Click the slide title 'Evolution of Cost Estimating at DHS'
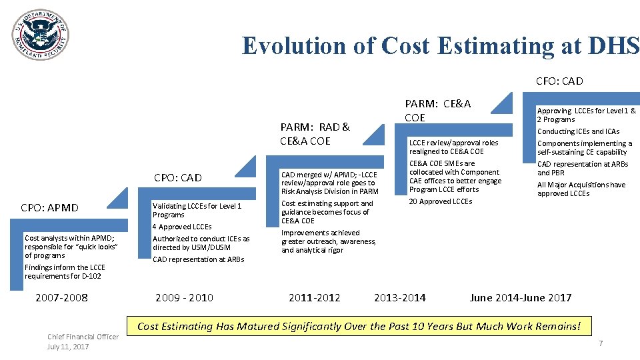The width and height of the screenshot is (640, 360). coord(440,45)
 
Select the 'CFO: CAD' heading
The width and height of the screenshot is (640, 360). coord(559,81)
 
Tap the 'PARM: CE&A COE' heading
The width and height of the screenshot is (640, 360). coord(437,110)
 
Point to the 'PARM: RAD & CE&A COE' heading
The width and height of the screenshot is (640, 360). coord(315,133)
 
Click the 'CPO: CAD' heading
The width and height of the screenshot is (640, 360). coord(177,178)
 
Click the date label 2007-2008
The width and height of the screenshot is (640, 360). coord(61,297)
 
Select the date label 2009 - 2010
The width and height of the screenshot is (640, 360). coord(184,297)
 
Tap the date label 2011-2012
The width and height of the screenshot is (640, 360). coord(314,297)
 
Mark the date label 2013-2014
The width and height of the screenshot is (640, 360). coord(399,297)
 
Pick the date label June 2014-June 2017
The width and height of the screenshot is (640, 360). coord(521,297)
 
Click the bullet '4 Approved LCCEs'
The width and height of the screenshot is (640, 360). coord(182,227)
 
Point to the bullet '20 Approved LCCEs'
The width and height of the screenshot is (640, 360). coord(440,201)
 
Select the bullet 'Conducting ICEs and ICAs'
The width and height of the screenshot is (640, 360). coord(578,131)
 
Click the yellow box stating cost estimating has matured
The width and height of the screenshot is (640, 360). coord(359,326)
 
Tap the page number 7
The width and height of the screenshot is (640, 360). coord(601,343)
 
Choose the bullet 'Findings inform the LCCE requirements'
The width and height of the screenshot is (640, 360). coord(64,271)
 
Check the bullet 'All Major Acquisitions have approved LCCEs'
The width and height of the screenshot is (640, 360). coord(581,189)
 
